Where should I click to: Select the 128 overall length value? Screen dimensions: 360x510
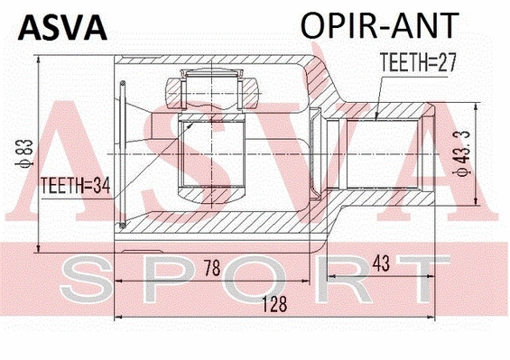click(270, 305)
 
